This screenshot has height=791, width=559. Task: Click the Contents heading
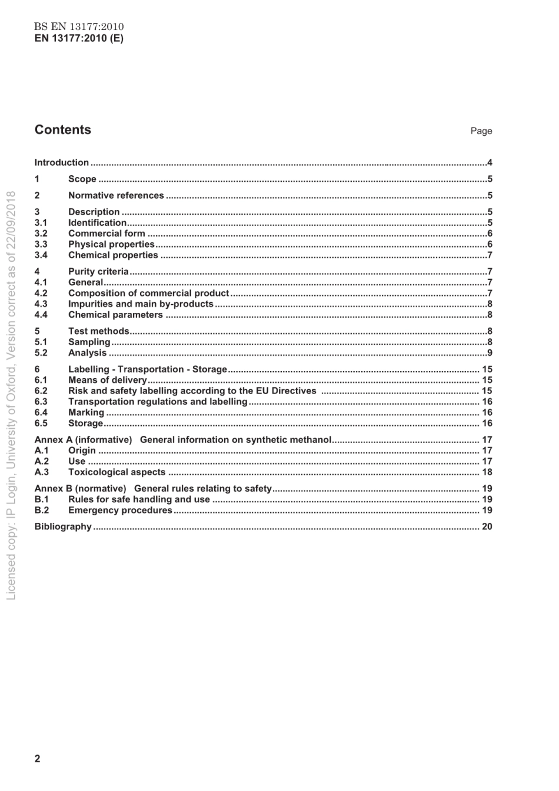click(62, 130)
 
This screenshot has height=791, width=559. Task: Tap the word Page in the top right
click(481, 131)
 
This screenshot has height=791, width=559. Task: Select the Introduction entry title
click(62, 162)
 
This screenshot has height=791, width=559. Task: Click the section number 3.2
click(41, 233)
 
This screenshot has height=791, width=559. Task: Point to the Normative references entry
click(116, 195)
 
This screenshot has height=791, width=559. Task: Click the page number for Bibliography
click(487, 526)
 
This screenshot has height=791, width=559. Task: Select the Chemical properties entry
click(113, 255)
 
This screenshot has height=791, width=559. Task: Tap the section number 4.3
click(41, 304)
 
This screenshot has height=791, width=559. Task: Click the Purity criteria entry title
click(98, 272)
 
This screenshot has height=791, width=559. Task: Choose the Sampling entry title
click(89, 342)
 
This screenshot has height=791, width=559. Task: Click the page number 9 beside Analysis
click(490, 353)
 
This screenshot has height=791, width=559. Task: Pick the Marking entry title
click(86, 413)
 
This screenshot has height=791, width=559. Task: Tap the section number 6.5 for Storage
click(41, 423)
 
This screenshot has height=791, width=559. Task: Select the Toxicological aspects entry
click(117, 472)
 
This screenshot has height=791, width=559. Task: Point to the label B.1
click(41, 499)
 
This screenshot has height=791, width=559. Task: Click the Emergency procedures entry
click(120, 510)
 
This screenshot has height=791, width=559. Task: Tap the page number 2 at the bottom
click(38, 759)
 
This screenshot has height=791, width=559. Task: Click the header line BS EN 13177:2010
click(79, 26)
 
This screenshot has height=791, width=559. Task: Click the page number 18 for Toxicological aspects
click(487, 472)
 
